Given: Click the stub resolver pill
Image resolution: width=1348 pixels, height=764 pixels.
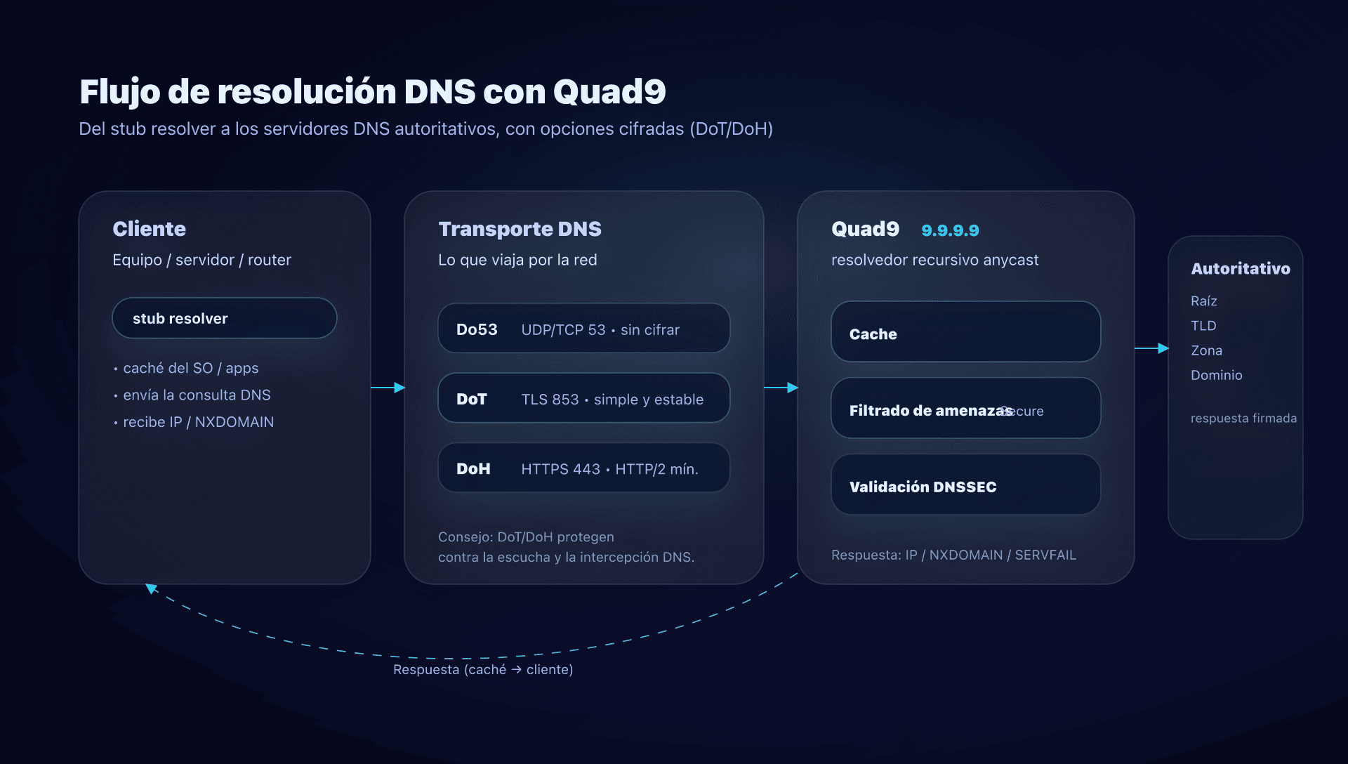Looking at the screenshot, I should click(x=224, y=318).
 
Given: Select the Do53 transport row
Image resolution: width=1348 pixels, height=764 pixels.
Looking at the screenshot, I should click(x=583, y=329).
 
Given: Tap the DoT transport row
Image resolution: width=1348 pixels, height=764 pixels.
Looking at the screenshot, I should click(x=583, y=398).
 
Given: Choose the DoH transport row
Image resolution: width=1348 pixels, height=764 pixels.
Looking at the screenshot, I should click(x=583, y=468).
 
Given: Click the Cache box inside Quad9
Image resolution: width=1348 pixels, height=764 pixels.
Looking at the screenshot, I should click(x=965, y=332).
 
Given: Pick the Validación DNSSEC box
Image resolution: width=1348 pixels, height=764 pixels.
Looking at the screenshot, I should click(x=965, y=485).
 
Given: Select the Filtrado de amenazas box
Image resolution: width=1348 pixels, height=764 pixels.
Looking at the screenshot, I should click(x=965, y=409).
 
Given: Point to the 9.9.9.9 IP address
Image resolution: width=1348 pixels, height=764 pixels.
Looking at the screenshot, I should click(x=950, y=230).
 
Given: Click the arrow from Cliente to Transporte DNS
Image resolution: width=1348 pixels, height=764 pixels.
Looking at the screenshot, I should click(x=388, y=388).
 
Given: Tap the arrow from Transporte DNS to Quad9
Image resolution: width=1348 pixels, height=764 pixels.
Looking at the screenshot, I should click(x=781, y=388).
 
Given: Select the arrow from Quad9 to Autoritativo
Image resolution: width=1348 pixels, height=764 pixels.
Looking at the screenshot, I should click(x=1151, y=348).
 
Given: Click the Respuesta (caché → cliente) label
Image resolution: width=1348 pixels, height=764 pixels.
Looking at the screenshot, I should click(x=483, y=670).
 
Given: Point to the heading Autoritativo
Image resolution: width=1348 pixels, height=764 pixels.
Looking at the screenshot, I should click(x=1240, y=269).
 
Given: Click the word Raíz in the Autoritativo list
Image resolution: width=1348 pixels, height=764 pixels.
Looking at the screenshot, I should click(x=1203, y=301).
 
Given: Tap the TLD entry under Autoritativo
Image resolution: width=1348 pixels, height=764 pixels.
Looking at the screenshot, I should click(x=1203, y=326).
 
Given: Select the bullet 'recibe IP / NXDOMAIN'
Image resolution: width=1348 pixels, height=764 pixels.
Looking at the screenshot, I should click(x=198, y=422).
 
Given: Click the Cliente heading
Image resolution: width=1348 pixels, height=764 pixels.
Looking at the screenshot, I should click(x=149, y=229).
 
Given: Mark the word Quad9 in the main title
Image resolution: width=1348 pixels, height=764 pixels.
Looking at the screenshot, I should click(x=609, y=92).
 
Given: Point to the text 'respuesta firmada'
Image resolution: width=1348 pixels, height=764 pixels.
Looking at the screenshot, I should click(x=1243, y=419).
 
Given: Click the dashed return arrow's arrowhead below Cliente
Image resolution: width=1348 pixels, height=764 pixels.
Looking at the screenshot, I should click(x=151, y=588).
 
